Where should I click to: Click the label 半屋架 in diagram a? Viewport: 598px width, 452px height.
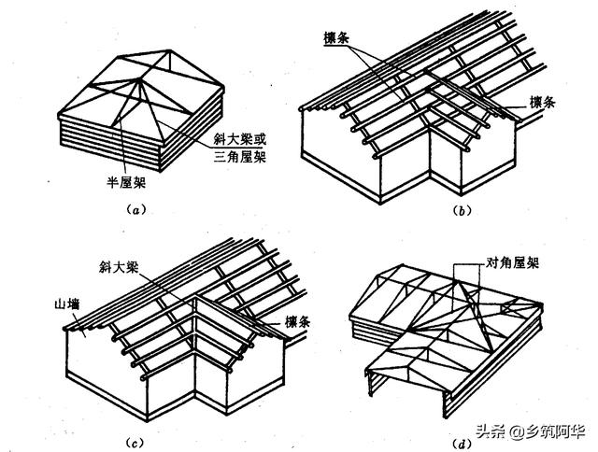pos(126,183)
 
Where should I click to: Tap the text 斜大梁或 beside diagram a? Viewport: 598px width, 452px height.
pos(240,139)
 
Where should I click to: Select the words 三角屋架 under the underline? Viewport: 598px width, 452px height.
pos(240,157)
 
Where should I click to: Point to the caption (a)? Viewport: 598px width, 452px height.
pos(135,209)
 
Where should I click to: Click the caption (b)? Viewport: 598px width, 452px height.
pos(462,210)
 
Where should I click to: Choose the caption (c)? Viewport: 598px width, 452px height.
pos(135,442)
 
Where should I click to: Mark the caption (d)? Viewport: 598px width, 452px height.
pos(462,444)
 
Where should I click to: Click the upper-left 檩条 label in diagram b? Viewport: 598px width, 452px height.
pos(336,38)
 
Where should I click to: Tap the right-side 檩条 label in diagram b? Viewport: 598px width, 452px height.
pos(542,102)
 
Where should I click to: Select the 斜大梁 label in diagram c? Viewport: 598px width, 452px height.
pos(119,267)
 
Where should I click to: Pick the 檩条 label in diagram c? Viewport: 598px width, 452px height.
pos(298,322)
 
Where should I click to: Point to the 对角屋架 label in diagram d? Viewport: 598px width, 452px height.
pos(512,262)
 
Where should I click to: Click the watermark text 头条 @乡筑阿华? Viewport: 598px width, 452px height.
pos(531,432)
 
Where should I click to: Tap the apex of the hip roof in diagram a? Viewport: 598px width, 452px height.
pos(137,79)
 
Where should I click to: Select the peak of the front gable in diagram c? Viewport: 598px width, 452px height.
pos(195,296)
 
